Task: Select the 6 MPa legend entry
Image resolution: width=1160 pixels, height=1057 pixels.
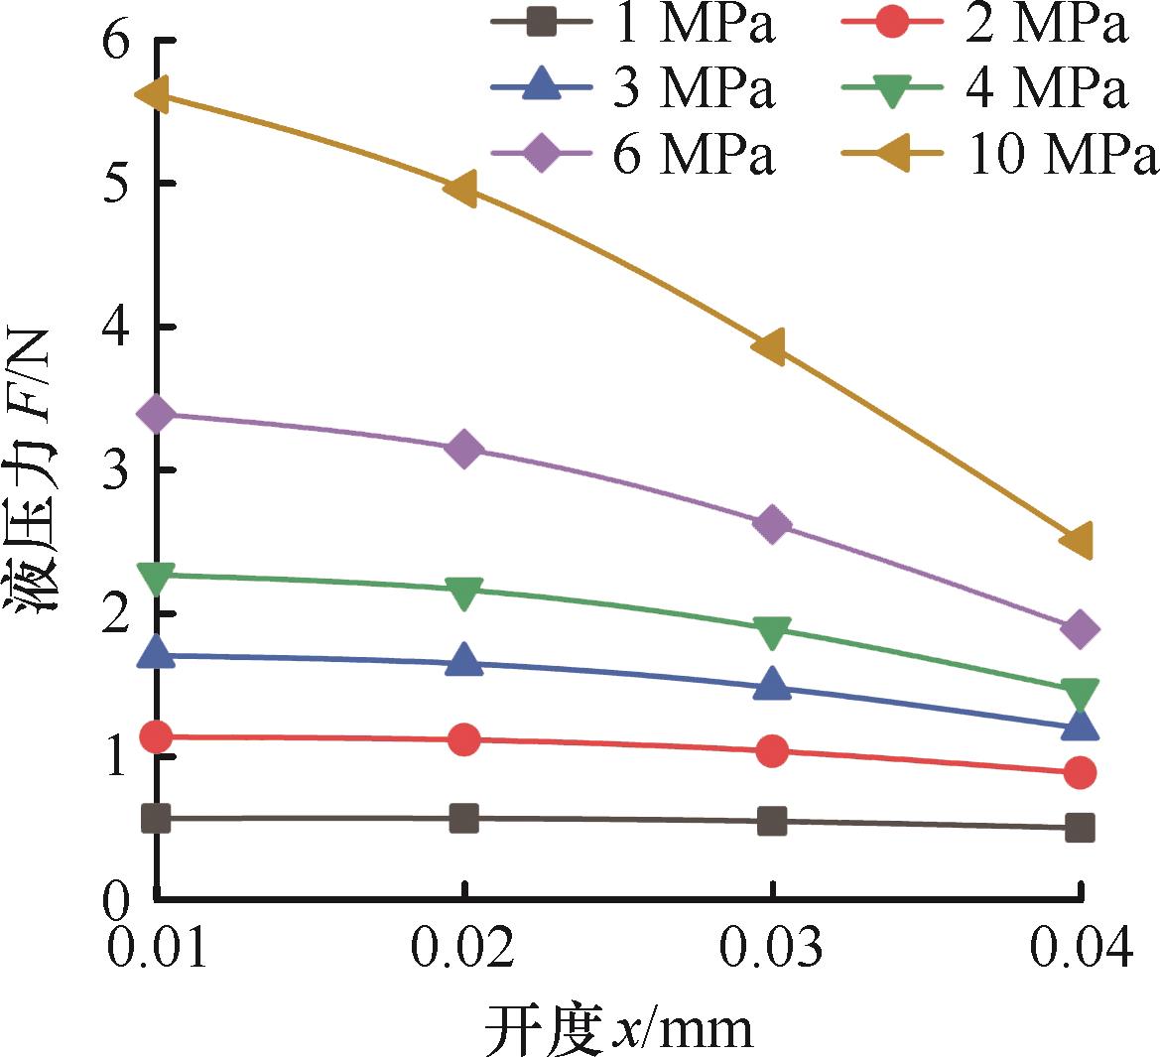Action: [x=635, y=156]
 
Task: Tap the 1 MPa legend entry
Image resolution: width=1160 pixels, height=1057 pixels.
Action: [x=635, y=24]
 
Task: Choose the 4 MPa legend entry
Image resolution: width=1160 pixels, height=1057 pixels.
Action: [x=987, y=89]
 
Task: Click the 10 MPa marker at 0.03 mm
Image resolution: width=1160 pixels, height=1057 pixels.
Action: [x=771, y=345]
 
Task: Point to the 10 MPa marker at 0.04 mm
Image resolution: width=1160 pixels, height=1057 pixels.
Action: [x=1079, y=540]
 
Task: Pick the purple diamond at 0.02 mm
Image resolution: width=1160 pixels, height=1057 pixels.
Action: [x=463, y=450]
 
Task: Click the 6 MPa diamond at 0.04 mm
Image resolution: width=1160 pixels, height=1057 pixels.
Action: [x=1080, y=628]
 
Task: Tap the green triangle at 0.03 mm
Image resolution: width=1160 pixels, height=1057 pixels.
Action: [x=771, y=629]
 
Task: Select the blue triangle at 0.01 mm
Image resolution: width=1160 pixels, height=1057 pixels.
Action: [x=156, y=653]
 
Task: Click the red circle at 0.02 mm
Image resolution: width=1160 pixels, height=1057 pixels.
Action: [x=463, y=739]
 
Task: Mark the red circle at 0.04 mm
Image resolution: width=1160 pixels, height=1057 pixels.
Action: [x=1080, y=773]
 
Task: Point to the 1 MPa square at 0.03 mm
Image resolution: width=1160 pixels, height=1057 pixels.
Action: [x=771, y=821]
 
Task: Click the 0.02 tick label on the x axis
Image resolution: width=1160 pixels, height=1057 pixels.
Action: [x=463, y=950]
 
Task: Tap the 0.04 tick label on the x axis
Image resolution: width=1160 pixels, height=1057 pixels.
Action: [x=1080, y=950]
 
